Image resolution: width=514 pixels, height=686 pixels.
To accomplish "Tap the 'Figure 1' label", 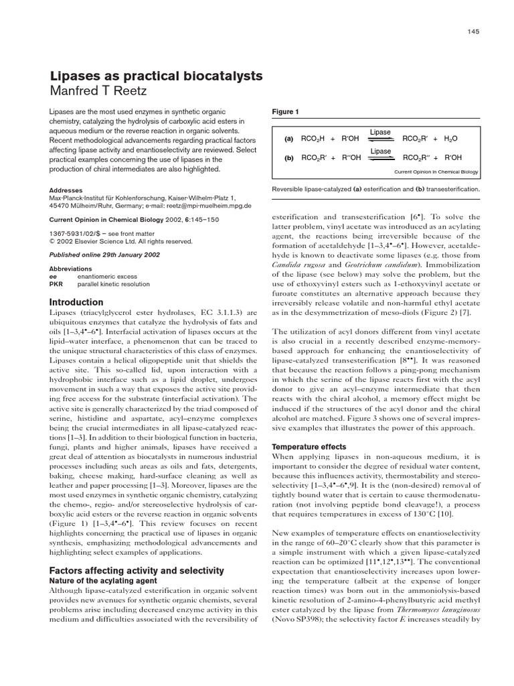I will (286, 112).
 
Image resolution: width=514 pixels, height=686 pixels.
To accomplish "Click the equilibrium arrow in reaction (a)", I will (381, 139).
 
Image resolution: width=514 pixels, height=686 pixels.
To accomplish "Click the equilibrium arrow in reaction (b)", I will (381, 159).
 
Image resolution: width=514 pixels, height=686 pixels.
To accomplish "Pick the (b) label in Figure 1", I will (289, 159).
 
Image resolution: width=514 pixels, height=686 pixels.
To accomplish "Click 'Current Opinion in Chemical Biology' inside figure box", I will (436, 172).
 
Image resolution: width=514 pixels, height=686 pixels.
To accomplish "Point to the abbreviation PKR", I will (56, 284).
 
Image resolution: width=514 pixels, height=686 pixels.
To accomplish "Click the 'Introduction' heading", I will (77, 302).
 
